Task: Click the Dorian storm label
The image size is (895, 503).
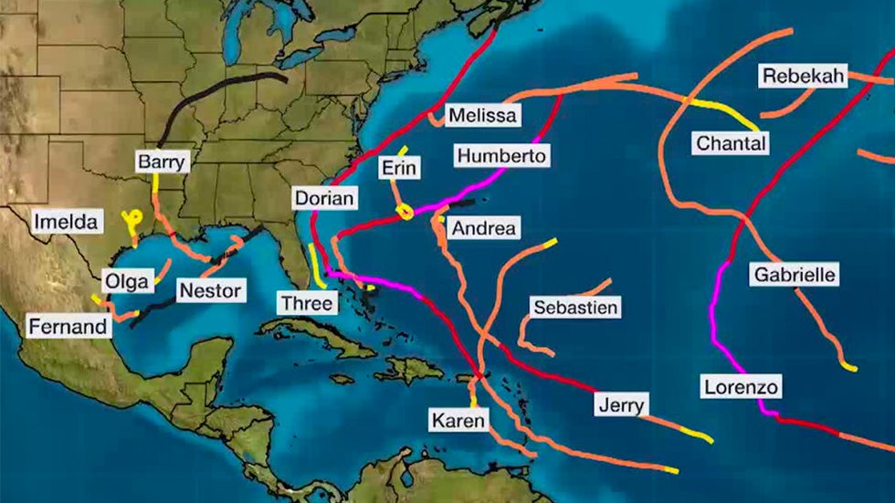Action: click(324, 198)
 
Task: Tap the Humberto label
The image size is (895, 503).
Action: click(501, 155)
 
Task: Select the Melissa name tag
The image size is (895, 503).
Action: click(481, 115)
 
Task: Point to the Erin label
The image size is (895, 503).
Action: click(399, 168)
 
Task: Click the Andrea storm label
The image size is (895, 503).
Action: click(483, 227)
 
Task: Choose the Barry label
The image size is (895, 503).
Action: click(162, 162)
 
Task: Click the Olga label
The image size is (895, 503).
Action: click(126, 281)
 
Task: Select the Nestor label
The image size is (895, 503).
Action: click(211, 291)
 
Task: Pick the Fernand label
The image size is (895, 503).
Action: click(68, 326)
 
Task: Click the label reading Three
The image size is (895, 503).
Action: click(307, 302)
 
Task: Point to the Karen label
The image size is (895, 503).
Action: click(459, 420)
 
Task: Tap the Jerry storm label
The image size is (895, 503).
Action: click(622, 404)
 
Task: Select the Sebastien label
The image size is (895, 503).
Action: click(575, 308)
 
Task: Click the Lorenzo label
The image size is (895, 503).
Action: click(742, 387)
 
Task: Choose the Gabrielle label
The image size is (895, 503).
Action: click(795, 274)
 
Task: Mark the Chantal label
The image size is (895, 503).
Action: click(731, 143)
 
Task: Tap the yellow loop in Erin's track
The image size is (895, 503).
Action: click(405, 212)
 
